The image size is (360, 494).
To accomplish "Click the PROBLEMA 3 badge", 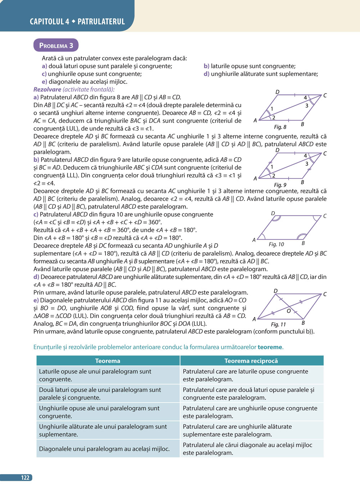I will click(56, 45).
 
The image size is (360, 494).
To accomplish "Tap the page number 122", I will click(25, 477).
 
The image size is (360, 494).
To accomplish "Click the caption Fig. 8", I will click(280, 127).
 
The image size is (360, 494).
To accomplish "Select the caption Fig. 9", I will click(280, 185).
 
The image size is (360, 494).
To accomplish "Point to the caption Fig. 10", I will click(276, 244).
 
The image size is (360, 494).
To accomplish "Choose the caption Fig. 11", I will click(278, 324).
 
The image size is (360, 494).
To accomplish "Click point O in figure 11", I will click(289, 311).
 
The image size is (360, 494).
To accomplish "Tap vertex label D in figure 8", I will click(277, 92).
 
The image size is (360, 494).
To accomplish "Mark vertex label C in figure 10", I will click(325, 216).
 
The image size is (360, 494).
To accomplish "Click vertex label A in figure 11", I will click(254, 319).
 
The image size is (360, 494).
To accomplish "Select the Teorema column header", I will click(108, 361).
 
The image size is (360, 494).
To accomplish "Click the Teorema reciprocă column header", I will click(251, 361).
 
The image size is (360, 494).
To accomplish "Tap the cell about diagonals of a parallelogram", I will click(104, 449).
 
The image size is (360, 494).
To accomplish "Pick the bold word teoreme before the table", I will click(270, 347).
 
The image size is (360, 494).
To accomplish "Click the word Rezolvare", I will click(47, 90).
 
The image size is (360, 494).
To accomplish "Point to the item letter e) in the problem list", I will click(44, 82).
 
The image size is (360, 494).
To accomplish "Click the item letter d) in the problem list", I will click(206, 74).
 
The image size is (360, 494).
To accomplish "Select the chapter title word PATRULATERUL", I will click(101, 22).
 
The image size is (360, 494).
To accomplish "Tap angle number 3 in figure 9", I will click(307, 164).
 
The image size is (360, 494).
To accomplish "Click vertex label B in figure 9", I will click(302, 182).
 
